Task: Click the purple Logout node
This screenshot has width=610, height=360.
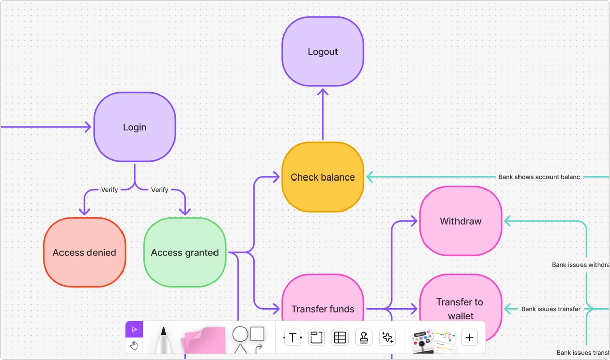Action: [x=323, y=51]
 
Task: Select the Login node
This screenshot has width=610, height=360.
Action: [x=135, y=127]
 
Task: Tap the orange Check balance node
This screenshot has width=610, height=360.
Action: [x=323, y=177]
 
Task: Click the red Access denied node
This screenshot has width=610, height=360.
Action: [x=84, y=252]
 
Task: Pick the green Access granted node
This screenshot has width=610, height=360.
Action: [x=185, y=252]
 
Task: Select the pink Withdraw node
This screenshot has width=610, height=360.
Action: [x=461, y=221]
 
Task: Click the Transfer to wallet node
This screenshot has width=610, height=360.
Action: [x=460, y=303]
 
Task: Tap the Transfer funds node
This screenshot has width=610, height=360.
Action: [x=323, y=303]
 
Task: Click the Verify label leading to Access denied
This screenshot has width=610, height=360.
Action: [x=109, y=190]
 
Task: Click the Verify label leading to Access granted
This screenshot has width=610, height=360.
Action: [x=160, y=190]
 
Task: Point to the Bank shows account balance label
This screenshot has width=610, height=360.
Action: [x=539, y=177]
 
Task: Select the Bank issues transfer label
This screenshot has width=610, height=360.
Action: [x=551, y=309]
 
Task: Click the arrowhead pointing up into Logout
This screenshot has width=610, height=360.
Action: [x=323, y=92]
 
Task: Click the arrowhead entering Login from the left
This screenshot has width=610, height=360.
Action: [x=87, y=127]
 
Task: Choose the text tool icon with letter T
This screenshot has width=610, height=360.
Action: [x=292, y=337]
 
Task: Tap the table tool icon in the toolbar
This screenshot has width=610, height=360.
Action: [x=340, y=337]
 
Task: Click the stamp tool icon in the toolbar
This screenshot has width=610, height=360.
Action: [x=363, y=337]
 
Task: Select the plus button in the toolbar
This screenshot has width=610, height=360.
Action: [x=469, y=337]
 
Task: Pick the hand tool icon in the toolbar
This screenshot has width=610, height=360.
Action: [x=134, y=346]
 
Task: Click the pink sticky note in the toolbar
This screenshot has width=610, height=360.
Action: [x=203, y=340]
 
